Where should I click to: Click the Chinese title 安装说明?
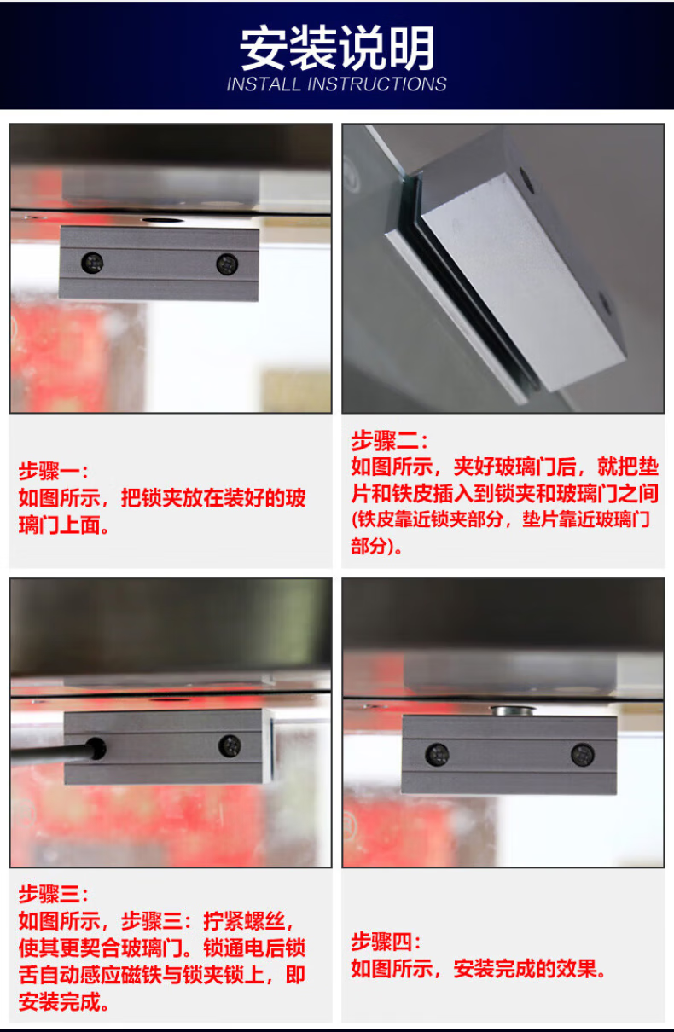tap(337, 48)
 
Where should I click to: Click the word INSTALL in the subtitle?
tap(264, 84)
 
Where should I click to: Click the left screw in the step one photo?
tap(92, 263)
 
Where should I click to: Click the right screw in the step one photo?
tap(227, 264)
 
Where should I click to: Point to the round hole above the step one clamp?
tap(163, 220)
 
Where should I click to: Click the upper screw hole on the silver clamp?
tap(527, 180)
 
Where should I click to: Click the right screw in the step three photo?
tap(230, 746)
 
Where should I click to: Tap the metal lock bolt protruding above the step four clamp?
tap(513, 710)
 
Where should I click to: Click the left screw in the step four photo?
tap(437, 755)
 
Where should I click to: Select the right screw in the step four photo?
tap(583, 754)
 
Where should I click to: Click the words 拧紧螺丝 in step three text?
tap(244, 920)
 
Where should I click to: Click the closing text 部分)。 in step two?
tap(376, 546)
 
